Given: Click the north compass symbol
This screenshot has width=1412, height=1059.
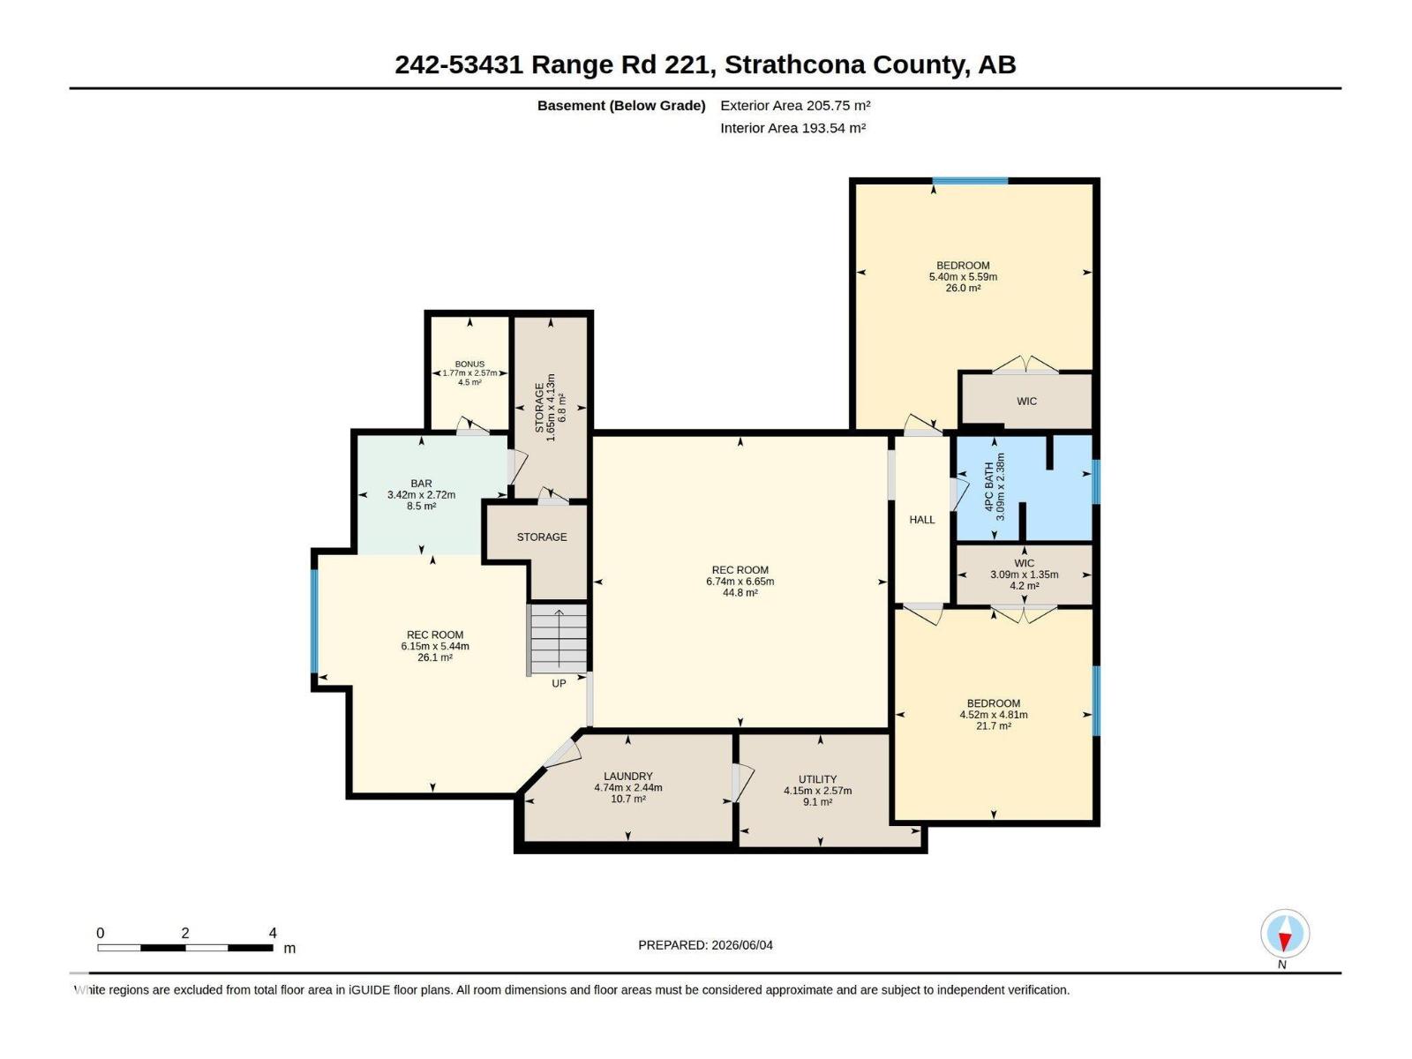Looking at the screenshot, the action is pos(1284,933).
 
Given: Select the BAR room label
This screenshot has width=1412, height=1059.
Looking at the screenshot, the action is pos(421,483).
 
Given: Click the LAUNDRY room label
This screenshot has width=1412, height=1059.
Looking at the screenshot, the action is pos(627,776).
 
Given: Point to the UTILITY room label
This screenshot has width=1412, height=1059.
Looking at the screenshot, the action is pos(817,778).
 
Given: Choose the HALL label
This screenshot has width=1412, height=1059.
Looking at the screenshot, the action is pos(922,520).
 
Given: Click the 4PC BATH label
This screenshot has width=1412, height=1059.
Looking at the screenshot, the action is pos(989,487).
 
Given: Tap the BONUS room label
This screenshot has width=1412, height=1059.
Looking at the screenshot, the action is pos(469,364).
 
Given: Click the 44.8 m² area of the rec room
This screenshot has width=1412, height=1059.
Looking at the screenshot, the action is pos(740,592).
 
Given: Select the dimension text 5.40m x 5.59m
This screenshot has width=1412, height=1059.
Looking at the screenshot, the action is pos(963,276).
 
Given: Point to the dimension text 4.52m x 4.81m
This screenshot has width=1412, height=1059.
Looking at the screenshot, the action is pos(993,714).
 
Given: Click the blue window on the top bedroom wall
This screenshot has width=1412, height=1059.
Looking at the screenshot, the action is pos(970,181).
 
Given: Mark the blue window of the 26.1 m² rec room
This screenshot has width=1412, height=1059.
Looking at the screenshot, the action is pos(314,620).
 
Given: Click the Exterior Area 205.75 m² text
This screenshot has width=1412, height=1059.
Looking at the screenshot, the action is pos(795,105).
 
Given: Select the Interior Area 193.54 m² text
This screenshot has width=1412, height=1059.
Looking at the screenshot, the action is pos(792,128).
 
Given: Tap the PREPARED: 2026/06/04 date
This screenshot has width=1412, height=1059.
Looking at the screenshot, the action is pos(705,945).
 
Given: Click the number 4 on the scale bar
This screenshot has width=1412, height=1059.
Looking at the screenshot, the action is pos(273,932).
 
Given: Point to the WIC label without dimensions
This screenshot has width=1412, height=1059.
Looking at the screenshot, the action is pos(1026,402).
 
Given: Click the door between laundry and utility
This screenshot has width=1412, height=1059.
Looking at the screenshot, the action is pos(741,783).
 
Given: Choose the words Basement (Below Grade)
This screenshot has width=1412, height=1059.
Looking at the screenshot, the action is pos(621,105).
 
